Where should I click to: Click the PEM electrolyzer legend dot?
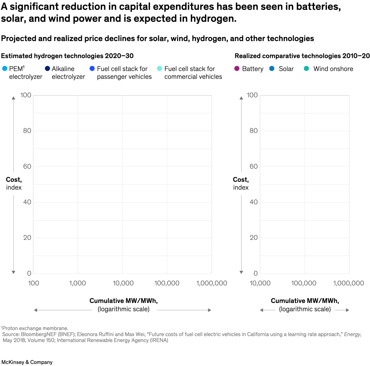[4, 69]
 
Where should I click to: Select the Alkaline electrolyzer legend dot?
[47, 69]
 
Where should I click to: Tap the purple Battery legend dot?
[237, 69]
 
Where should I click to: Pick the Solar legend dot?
[272, 69]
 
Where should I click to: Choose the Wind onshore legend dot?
[307, 69]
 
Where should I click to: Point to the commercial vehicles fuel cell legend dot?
[160, 69]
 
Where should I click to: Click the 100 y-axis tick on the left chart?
[26, 95]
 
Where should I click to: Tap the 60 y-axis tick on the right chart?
[254, 166]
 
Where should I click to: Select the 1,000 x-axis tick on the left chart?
[78, 283]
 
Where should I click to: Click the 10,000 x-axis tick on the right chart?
[260, 283]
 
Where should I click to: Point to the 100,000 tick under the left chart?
[167, 283]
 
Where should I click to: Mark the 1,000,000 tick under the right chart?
[348, 283]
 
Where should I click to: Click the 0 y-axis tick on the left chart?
[29, 274]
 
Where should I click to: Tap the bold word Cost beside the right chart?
[241, 180]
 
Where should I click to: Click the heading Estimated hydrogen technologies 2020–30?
[67, 56]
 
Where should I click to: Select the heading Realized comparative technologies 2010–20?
[302, 56]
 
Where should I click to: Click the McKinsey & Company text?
[27, 362]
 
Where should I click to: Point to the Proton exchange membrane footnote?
[35, 328]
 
